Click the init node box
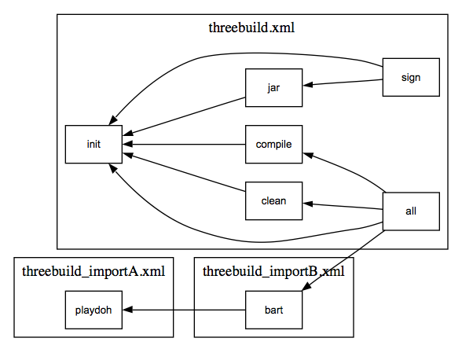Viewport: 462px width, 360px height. coord(93,144)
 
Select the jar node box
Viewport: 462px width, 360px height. coord(273,87)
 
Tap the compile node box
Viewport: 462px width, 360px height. coord(273,144)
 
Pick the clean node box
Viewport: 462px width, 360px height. coord(273,200)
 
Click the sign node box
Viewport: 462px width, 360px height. coord(411,77)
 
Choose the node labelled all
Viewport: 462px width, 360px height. coord(411,211)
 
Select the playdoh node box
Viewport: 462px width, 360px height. coord(93,310)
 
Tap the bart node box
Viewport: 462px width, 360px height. coord(273,310)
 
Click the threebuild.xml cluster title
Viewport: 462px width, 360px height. coord(251,28)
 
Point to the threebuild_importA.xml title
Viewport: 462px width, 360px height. coord(93,271)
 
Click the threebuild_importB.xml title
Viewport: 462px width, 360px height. coord(273,271)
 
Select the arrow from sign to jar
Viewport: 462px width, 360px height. coord(343,83)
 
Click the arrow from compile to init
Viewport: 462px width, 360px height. coord(184,144)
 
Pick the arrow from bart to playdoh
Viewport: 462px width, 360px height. coord(184,310)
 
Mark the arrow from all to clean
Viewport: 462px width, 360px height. coord(343,206)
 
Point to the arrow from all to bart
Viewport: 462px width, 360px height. coord(343,260)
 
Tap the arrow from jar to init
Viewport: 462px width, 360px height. coord(184,116)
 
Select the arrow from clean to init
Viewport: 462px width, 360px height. coord(184,172)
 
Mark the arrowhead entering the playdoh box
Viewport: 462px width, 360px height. coord(128,310)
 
